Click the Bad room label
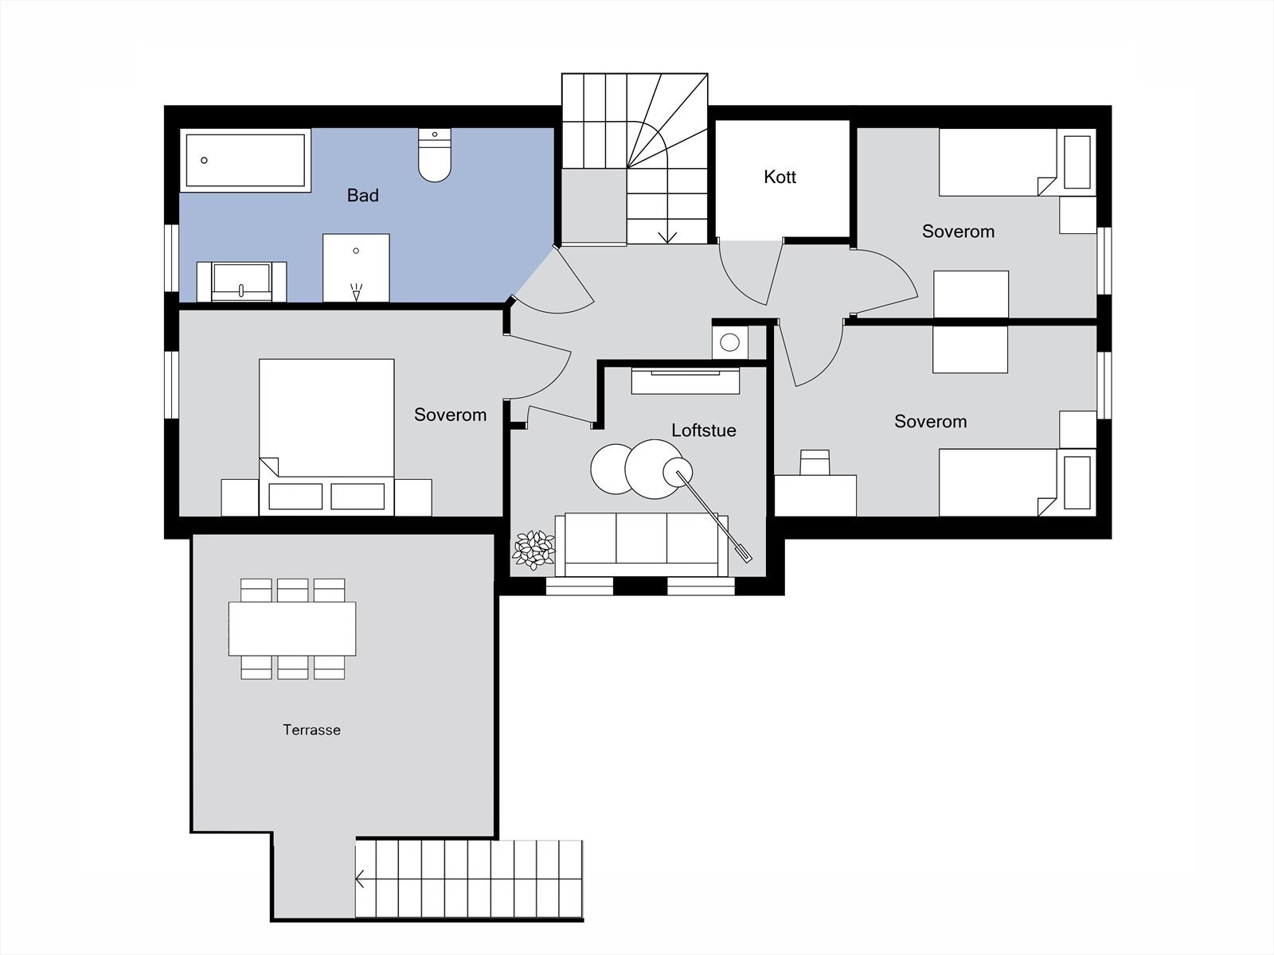point(363,196)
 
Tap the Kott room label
point(780,177)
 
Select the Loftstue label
point(703,431)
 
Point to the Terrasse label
point(311,730)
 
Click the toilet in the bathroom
point(435,155)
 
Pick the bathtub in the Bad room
point(245,161)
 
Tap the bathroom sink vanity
point(241,282)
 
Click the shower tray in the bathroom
point(356,268)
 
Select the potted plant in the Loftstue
point(533,550)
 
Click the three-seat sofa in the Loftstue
point(641,544)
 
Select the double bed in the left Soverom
point(326,437)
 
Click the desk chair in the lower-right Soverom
point(815,462)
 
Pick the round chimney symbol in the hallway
point(729,343)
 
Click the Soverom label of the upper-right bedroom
point(958,232)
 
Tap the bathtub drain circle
point(204,160)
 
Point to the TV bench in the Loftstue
point(686,381)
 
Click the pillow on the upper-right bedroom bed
point(1077,162)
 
